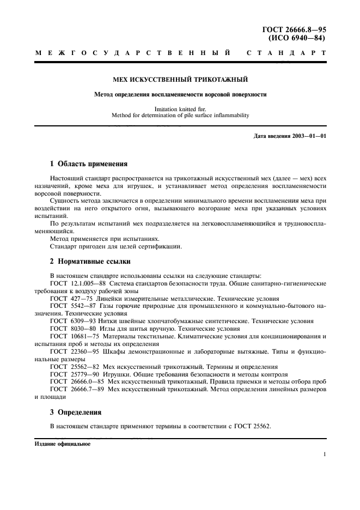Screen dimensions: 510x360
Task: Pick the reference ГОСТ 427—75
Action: tap(71, 299)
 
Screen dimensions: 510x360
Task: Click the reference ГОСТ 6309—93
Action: tap(73, 321)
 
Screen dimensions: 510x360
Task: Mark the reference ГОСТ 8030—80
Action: tap(73, 329)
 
